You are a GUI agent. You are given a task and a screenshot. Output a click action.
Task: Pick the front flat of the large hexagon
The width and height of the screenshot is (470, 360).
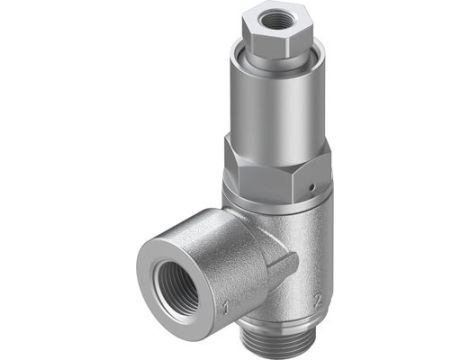coord(265,164)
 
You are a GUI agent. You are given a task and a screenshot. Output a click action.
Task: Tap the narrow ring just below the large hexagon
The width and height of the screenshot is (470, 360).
coord(275,195)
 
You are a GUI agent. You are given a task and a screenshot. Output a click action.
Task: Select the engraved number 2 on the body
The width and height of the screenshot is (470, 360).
coord(316,297)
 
